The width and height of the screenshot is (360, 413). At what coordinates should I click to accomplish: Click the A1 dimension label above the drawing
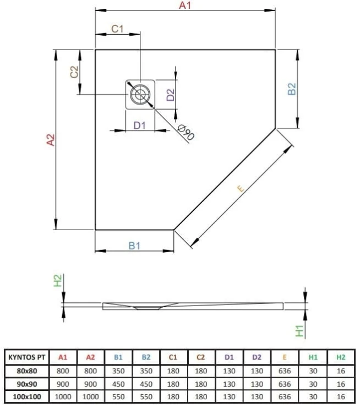click(x=185, y=6)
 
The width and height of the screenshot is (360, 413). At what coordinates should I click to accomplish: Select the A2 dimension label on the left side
click(x=51, y=140)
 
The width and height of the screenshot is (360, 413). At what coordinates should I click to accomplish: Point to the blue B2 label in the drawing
click(x=292, y=89)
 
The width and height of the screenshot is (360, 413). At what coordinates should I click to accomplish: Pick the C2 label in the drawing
click(x=75, y=72)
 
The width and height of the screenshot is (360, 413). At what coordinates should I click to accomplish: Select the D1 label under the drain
click(x=140, y=125)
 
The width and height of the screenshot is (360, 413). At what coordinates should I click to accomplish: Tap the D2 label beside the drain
click(x=171, y=95)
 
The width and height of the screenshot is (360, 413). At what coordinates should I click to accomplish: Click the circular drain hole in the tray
click(x=141, y=94)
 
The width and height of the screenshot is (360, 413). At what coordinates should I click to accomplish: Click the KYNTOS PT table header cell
click(x=27, y=357)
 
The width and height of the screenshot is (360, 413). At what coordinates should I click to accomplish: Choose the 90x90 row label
click(x=27, y=384)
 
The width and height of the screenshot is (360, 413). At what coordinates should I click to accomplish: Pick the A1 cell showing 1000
click(x=63, y=397)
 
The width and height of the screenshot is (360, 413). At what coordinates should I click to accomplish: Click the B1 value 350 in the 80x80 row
click(x=119, y=371)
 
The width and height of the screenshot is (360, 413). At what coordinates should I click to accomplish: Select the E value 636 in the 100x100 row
click(x=284, y=397)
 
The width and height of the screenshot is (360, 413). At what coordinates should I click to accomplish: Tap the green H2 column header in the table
click(x=341, y=357)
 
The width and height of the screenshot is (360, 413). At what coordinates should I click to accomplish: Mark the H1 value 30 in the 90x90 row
click(x=313, y=384)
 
